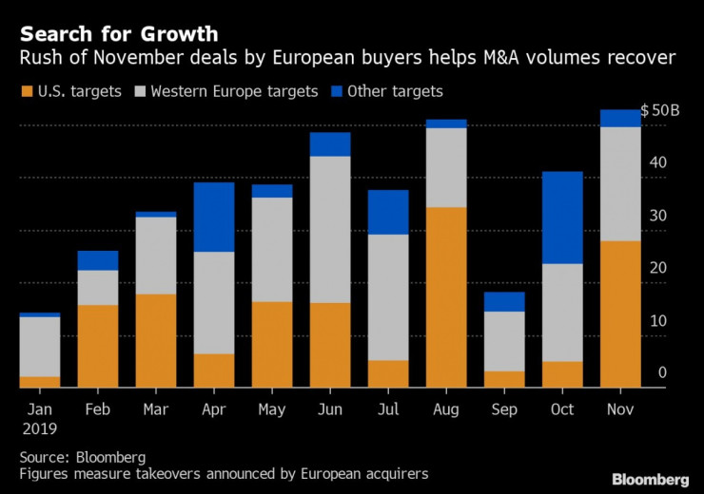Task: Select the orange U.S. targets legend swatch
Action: pos(25,91)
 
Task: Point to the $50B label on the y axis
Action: pos(659,110)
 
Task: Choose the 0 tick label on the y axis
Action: pos(661,373)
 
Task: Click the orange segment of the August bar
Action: pos(446,296)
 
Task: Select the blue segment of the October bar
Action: pos(563,218)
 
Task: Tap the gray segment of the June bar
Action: pos(329,229)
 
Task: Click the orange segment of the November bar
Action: pos(621,313)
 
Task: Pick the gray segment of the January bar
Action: pos(40,347)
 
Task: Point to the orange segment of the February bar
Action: pos(98,346)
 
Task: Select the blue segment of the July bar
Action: pos(387,212)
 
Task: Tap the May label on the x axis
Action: pos(271,408)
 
